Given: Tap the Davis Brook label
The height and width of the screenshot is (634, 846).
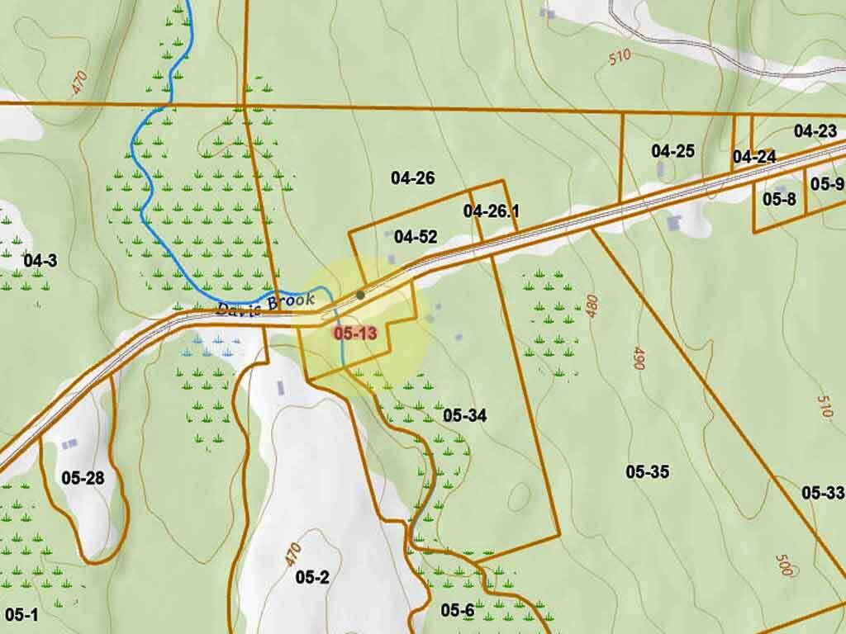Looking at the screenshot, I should click(x=265, y=305).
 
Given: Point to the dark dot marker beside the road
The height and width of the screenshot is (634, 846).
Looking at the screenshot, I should click(x=360, y=295).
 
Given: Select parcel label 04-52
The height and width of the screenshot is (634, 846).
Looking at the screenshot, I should click(x=415, y=237).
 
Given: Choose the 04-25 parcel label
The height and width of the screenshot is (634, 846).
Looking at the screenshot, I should click(x=673, y=151).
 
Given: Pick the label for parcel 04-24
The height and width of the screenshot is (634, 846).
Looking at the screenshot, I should click(x=753, y=157).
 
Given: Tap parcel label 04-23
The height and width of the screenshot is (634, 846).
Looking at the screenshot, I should click(x=815, y=130).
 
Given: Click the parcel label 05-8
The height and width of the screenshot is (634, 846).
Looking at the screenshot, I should click(x=778, y=199).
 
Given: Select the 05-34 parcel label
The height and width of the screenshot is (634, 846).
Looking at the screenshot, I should click(x=464, y=415).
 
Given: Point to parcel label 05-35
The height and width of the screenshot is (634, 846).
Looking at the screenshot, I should click(x=647, y=472).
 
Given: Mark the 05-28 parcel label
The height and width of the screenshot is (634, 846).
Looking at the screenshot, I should click(x=83, y=477).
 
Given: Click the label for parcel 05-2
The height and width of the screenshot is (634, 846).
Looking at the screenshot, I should click(x=312, y=577).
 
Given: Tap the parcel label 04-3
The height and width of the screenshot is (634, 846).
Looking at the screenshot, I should click(x=40, y=261).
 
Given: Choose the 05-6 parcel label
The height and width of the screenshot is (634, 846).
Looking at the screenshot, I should click(x=457, y=610).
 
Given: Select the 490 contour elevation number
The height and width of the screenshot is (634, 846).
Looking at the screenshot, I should click(x=638, y=358).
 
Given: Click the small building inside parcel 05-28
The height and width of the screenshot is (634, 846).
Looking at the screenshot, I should click(x=69, y=444).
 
